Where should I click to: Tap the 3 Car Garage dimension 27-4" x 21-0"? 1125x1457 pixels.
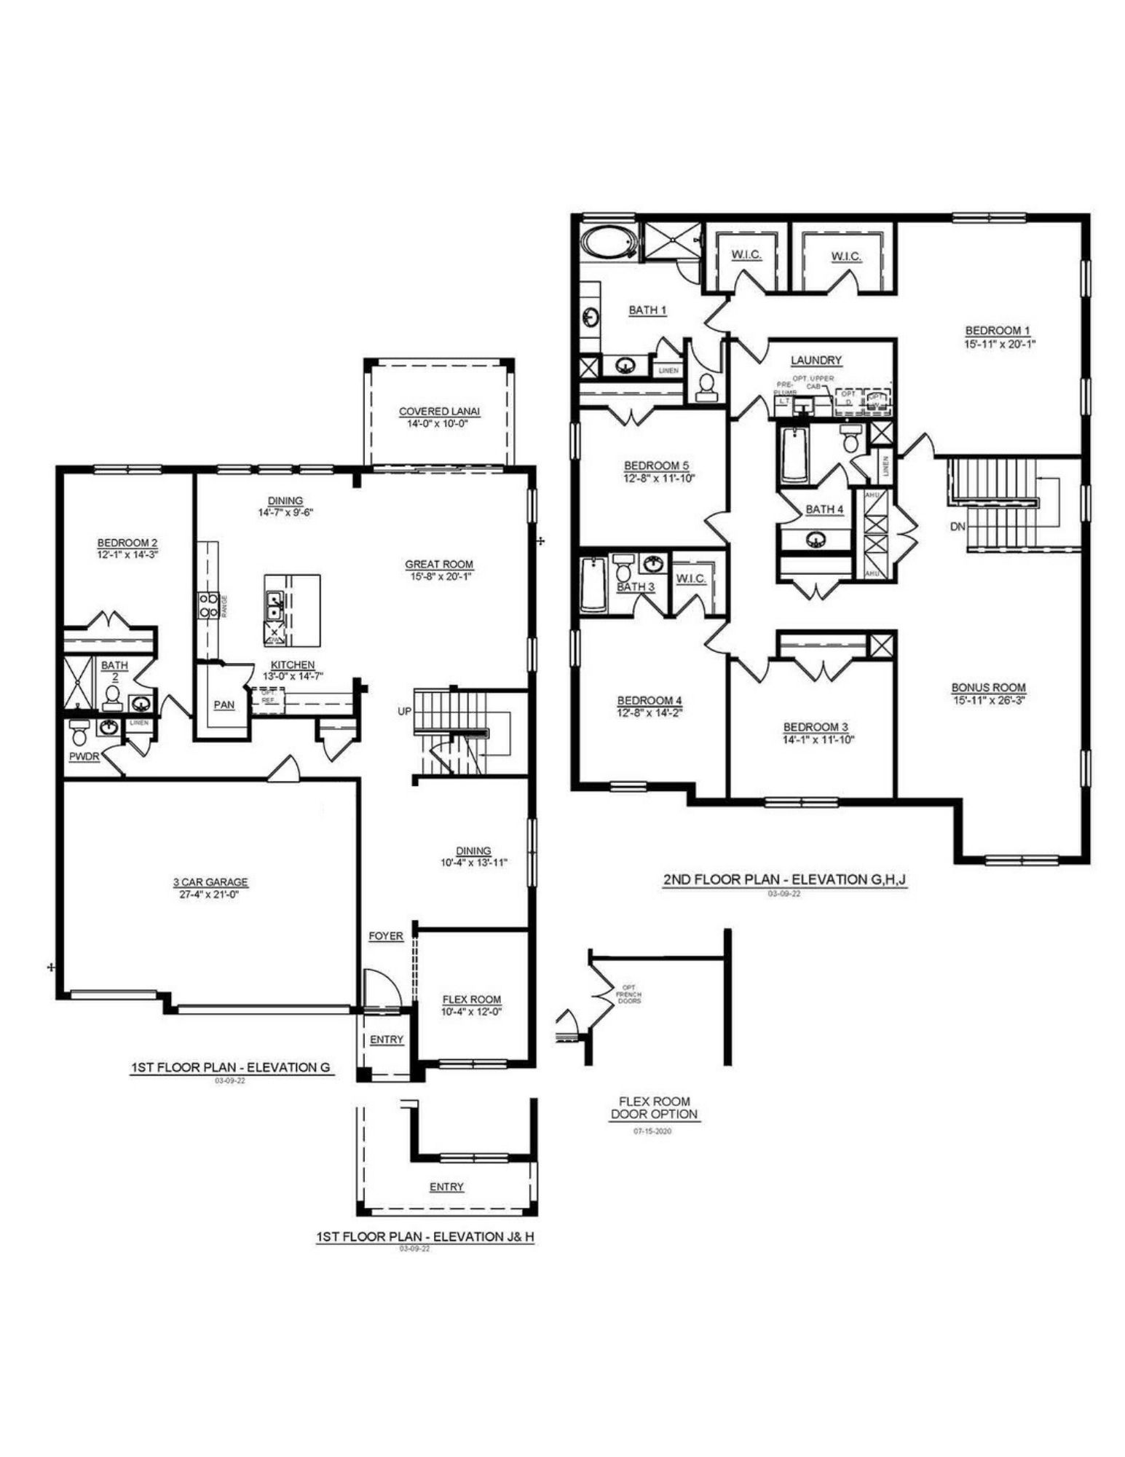click(x=210, y=894)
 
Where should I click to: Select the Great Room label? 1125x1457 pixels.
click(x=439, y=564)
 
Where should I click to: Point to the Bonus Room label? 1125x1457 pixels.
click(x=988, y=687)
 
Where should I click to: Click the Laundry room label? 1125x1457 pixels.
click(x=816, y=360)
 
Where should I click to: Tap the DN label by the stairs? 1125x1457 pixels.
click(x=958, y=526)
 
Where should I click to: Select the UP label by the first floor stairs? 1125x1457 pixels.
click(x=405, y=711)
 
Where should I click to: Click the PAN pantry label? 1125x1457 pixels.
click(x=224, y=704)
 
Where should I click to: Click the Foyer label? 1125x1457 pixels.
click(x=385, y=936)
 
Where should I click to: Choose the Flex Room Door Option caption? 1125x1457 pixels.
click(x=653, y=1107)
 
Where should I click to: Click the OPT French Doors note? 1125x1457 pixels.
click(x=628, y=994)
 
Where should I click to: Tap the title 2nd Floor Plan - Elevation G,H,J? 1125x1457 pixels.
click(x=784, y=879)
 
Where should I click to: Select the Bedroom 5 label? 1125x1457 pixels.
click(x=656, y=466)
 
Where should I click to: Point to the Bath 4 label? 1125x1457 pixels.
click(x=824, y=509)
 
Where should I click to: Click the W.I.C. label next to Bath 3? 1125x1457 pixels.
click(x=690, y=578)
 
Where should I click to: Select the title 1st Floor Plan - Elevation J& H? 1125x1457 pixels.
click(x=425, y=1237)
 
